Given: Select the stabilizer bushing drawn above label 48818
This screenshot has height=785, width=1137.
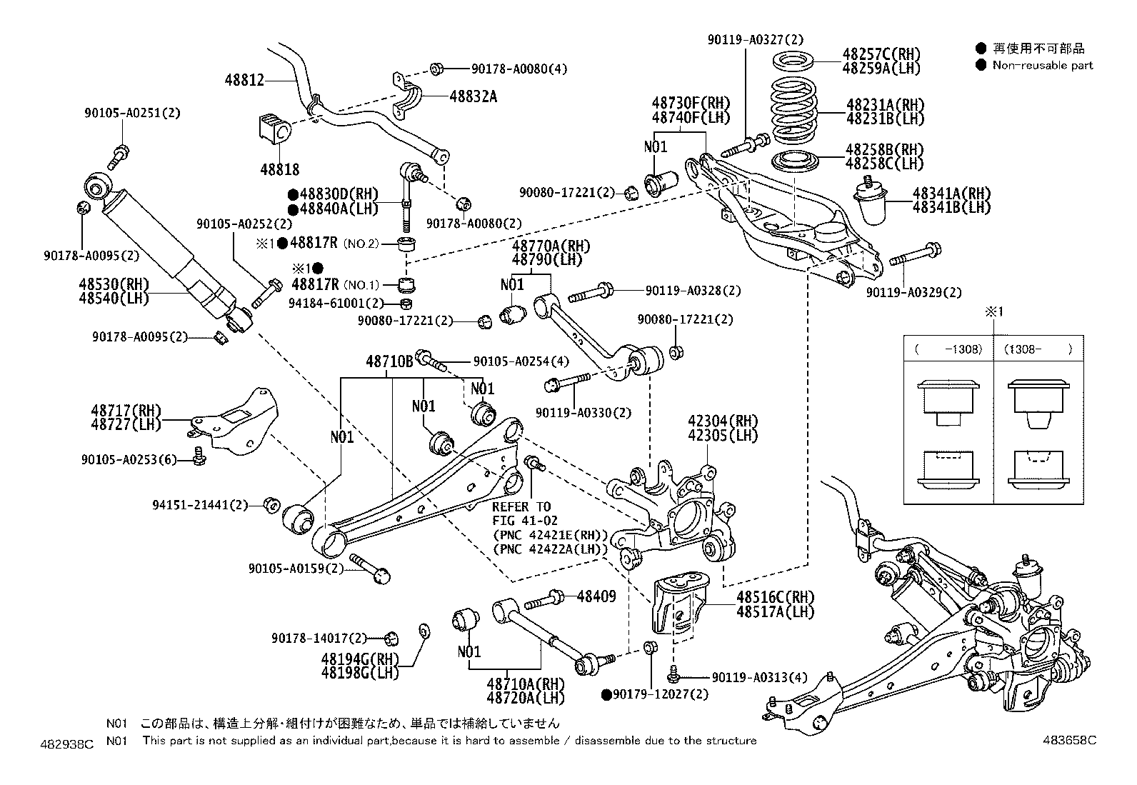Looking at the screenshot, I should (x=274, y=130).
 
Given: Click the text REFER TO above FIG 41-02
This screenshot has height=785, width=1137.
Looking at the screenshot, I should (x=521, y=506).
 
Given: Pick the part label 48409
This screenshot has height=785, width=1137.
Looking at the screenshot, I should (x=596, y=596).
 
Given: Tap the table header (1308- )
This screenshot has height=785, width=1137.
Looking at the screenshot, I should (x=1038, y=350).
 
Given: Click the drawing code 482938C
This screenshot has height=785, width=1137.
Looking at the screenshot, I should (x=67, y=744).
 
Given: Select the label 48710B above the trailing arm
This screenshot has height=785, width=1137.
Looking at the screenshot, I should (x=389, y=362).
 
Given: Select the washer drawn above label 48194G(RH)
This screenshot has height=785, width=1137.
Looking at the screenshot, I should (x=422, y=629).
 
